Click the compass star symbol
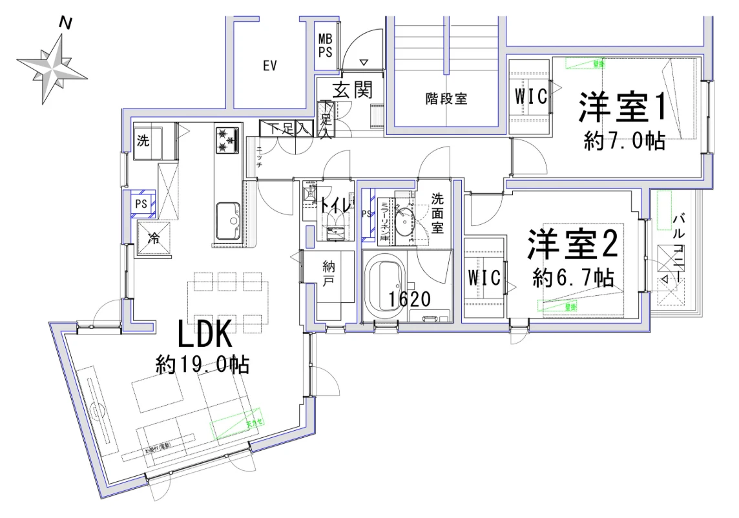[52, 68]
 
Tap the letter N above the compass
[65, 23]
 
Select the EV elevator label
[269, 66]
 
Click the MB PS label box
[325, 46]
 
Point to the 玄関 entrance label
[353, 89]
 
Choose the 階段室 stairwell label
[446, 99]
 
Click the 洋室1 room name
[621, 107]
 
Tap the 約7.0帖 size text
[624, 140]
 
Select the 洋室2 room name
[573, 245]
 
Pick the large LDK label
[204, 336]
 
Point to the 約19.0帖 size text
[203, 365]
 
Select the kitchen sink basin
[227, 221]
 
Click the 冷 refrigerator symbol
[154, 237]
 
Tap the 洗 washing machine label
[143, 141]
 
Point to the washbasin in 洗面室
[405, 223]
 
